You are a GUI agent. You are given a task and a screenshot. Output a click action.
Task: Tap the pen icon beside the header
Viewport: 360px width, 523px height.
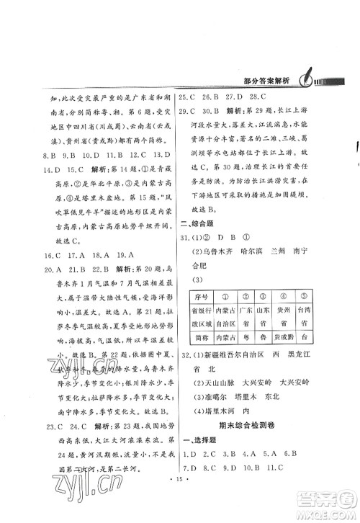tap(302, 79)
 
